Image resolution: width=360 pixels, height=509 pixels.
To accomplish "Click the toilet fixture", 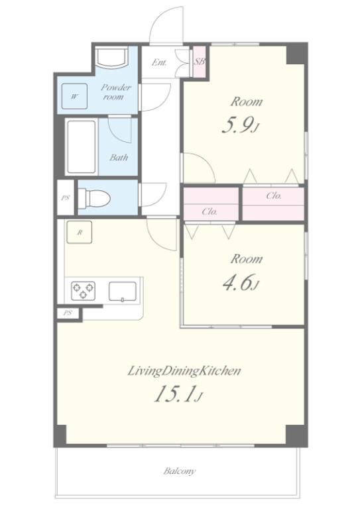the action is [x=95, y=198].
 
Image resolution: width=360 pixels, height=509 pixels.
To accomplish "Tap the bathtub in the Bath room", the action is [x=82, y=147].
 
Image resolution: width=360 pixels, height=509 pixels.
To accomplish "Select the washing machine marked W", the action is [x=75, y=96].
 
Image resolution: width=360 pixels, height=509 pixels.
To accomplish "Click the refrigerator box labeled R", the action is [x=79, y=232].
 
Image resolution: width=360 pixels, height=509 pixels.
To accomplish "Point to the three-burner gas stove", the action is [x=84, y=290].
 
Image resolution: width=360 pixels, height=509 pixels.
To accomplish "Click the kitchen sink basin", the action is [x=123, y=291].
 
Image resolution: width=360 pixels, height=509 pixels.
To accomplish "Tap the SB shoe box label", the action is [x=200, y=61].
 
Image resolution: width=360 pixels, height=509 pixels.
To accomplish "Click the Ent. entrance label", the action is [x=159, y=62].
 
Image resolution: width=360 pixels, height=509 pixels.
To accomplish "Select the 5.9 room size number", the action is [x=240, y=125].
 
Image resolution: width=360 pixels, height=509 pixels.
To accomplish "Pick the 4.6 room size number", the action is [x=240, y=283].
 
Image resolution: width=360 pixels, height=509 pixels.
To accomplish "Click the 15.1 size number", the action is [x=178, y=394].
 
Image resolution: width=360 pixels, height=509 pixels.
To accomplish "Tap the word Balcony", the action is [x=180, y=471].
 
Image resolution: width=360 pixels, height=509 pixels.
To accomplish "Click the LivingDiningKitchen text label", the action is [x=184, y=370].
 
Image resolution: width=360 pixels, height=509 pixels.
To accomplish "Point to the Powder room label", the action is [x=115, y=92].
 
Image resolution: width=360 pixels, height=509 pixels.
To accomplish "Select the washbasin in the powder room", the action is [x=111, y=57].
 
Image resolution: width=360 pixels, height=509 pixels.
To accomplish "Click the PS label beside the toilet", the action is [x=66, y=198].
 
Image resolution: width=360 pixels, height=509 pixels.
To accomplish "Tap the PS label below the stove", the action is [x=67, y=313].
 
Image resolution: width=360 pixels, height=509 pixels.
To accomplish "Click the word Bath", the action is [x=119, y=158].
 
